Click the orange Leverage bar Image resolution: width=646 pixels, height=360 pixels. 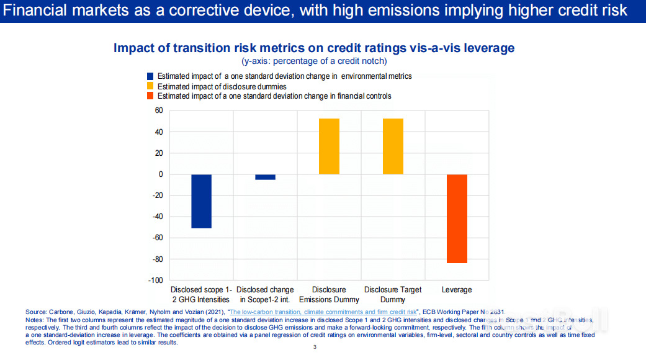pos(456,218)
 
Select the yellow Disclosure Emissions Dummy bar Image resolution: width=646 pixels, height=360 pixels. pos(329,146)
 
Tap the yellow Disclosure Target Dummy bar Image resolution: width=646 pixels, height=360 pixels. pos(393,146)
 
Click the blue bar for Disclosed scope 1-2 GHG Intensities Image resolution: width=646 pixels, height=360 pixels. pos(201,201)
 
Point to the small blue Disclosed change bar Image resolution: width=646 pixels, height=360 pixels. pos(265,177)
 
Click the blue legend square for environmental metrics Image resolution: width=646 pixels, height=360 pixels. pos(150,76)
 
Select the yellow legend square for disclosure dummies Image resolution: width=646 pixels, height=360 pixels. pos(150,86)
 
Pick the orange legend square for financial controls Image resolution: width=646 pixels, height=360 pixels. pos(150,96)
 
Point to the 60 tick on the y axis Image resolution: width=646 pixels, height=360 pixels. pos(159,110)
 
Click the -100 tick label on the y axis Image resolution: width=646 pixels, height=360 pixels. pos(156,280)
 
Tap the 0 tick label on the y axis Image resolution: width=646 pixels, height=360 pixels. pos(161,174)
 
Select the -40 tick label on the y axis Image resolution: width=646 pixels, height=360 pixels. pos(158,217)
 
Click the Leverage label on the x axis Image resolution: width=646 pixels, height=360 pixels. pos(456,290)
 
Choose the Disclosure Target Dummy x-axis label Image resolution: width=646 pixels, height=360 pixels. pos(393,294)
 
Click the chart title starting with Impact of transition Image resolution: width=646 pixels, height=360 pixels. pos(314,48)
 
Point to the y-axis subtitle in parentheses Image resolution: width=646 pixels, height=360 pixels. pos(314,61)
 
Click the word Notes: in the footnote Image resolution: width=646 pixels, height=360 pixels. pos(35,319)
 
